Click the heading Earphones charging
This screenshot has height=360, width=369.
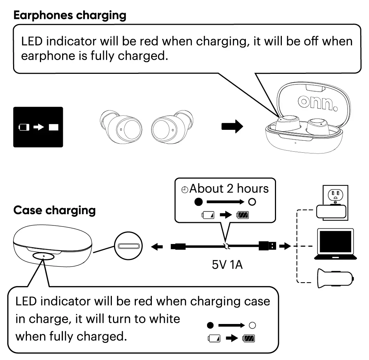click(x=70, y=15)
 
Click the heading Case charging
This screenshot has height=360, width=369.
click(x=54, y=211)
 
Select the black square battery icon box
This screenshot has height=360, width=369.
click(x=38, y=127)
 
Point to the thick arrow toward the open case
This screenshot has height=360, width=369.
click(x=232, y=127)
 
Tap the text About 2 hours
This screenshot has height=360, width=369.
click(x=229, y=188)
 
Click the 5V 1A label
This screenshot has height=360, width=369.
click(x=227, y=264)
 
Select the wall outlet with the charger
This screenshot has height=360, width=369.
click(x=332, y=204)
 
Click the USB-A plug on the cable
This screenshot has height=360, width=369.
click(x=267, y=246)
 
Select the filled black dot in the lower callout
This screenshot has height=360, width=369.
click(x=210, y=325)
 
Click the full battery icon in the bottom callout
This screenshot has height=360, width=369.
click(x=250, y=339)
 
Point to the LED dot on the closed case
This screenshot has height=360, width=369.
click(x=44, y=256)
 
